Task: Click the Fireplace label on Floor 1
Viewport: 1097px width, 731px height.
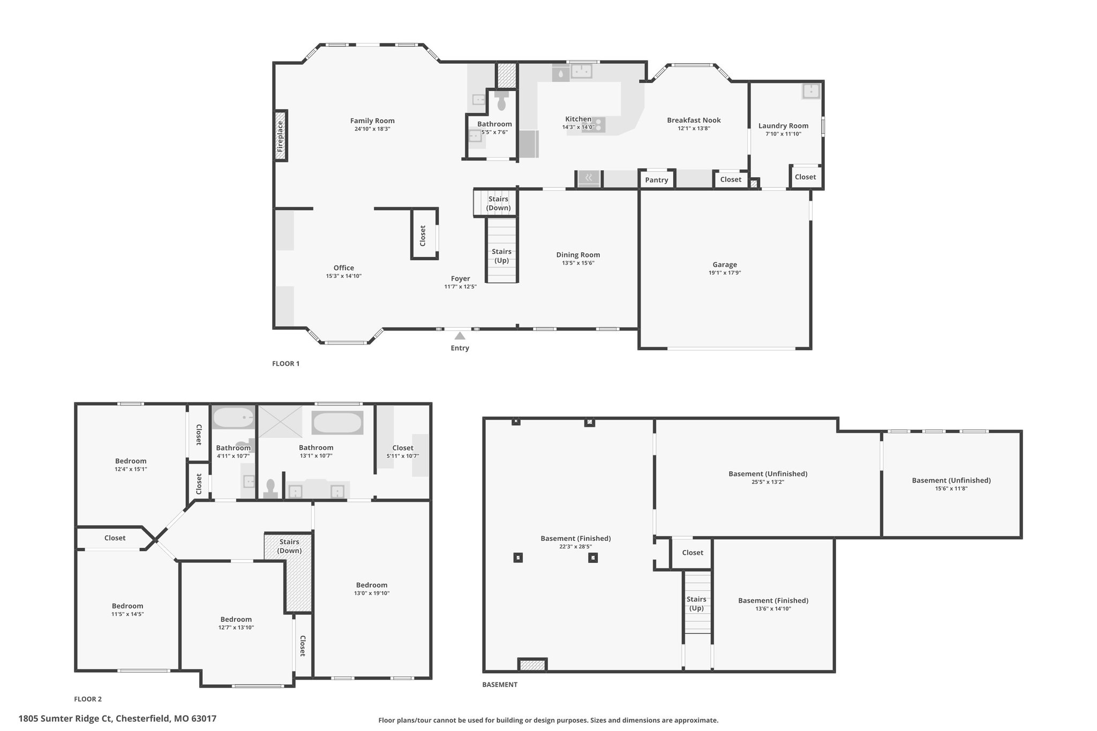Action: (x=280, y=136)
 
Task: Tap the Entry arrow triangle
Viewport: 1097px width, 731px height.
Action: (x=460, y=336)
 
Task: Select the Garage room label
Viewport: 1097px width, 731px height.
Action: (x=725, y=265)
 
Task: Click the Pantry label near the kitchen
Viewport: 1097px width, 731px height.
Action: (x=657, y=180)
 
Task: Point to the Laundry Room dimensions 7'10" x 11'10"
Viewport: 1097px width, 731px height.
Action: (x=783, y=134)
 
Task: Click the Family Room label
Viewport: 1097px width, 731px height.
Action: (x=372, y=120)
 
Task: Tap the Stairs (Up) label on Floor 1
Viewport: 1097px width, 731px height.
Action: (x=501, y=256)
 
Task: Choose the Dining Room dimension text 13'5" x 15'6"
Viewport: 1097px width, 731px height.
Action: (x=578, y=263)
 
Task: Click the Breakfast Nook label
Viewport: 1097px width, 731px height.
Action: (x=694, y=120)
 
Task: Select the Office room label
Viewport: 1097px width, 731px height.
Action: (x=344, y=268)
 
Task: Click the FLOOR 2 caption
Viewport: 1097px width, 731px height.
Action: (x=88, y=699)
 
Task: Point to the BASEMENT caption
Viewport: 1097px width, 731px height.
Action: (x=500, y=684)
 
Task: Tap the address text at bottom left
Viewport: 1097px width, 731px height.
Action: (x=118, y=719)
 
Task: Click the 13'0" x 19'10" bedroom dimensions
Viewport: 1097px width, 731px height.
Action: (x=372, y=593)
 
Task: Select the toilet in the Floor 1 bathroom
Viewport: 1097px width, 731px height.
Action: (x=502, y=100)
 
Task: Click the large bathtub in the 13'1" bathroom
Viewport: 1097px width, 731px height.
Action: (x=337, y=423)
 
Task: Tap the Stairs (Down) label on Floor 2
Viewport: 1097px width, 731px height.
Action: (x=289, y=546)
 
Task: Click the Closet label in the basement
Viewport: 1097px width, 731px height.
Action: (x=693, y=553)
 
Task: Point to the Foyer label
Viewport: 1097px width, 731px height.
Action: (x=460, y=278)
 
